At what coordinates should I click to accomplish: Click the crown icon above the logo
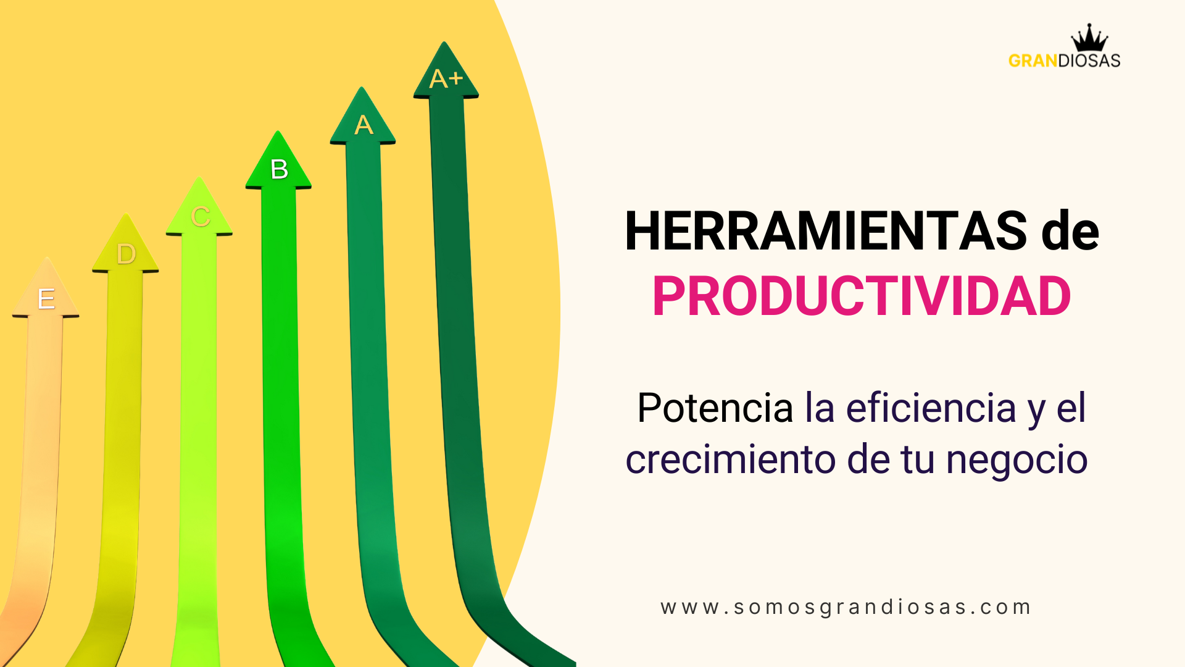[x=1089, y=38]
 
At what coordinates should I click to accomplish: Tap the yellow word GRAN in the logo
[x=1033, y=61]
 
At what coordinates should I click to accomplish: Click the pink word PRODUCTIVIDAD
[x=862, y=296]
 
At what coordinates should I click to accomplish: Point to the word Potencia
[x=715, y=408]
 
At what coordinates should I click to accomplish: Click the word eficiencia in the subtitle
[x=931, y=408]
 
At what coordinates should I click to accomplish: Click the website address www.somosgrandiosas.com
[x=846, y=608]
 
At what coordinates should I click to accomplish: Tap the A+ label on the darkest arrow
[x=446, y=78]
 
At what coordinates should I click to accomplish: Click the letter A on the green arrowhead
[x=364, y=125]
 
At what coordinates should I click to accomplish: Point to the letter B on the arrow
[x=279, y=169]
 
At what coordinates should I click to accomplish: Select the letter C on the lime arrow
[x=201, y=217]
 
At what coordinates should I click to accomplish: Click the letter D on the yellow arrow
[x=126, y=254]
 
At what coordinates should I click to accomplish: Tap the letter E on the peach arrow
[x=46, y=299]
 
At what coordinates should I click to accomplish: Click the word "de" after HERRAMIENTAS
[x=1070, y=231]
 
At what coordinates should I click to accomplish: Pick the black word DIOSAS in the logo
[x=1089, y=61]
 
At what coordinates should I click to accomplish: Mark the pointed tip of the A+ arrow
[x=444, y=42]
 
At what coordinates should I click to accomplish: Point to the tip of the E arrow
[x=46, y=258]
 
